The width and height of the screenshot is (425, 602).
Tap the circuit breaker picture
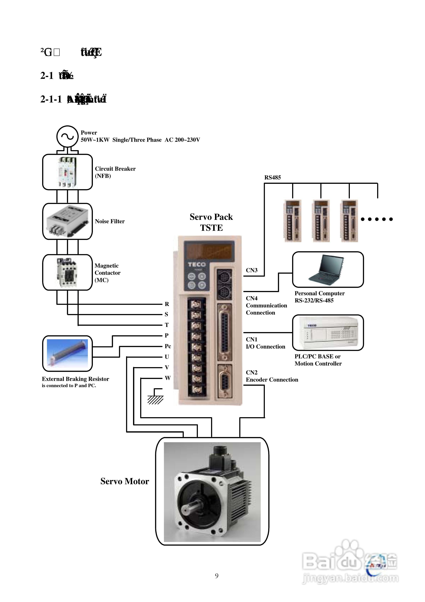(x=67, y=172)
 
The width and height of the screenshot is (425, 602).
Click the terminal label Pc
(x=168, y=346)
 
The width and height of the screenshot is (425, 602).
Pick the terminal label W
(x=168, y=378)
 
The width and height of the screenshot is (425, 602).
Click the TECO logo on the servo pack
(x=196, y=264)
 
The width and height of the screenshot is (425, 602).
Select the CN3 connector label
(x=252, y=270)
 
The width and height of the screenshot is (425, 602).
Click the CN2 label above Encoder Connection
(x=252, y=372)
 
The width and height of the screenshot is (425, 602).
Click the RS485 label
(x=272, y=177)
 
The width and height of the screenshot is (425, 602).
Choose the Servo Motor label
(x=125, y=481)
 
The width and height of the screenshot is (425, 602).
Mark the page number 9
(x=217, y=576)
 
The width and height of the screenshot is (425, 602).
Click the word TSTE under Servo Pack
(x=211, y=228)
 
